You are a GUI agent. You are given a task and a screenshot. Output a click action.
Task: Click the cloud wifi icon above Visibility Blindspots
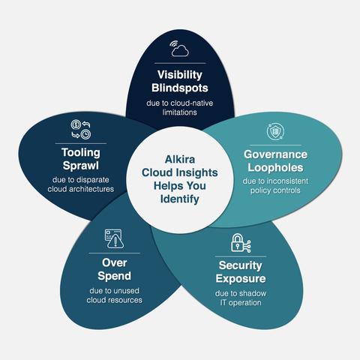tap(180, 49)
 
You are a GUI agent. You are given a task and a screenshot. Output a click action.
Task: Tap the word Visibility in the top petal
tap(180, 76)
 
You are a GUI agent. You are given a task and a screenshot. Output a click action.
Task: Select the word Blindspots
tap(180, 90)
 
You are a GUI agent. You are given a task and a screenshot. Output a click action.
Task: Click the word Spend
tap(116, 276)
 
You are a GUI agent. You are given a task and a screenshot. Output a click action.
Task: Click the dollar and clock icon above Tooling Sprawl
tap(81, 127)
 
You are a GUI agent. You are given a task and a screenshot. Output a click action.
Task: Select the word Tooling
tap(81, 153)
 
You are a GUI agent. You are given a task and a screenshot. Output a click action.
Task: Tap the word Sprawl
tap(81, 166)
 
